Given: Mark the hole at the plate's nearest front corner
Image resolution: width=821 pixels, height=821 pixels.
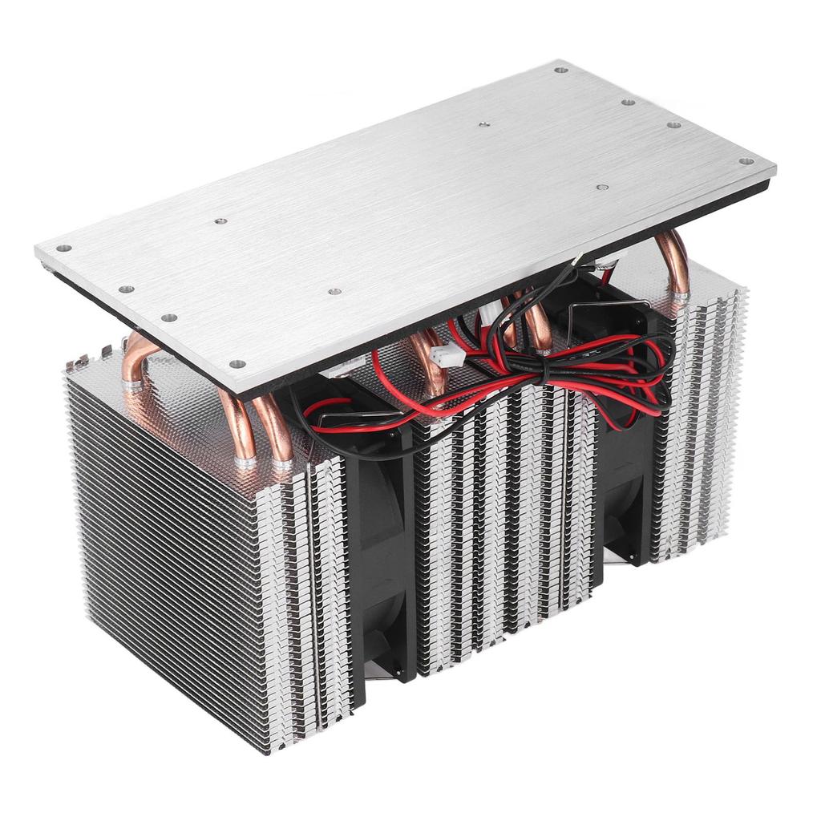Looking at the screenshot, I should [237, 364].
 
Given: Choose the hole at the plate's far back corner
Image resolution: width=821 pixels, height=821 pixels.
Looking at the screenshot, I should [560, 70].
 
